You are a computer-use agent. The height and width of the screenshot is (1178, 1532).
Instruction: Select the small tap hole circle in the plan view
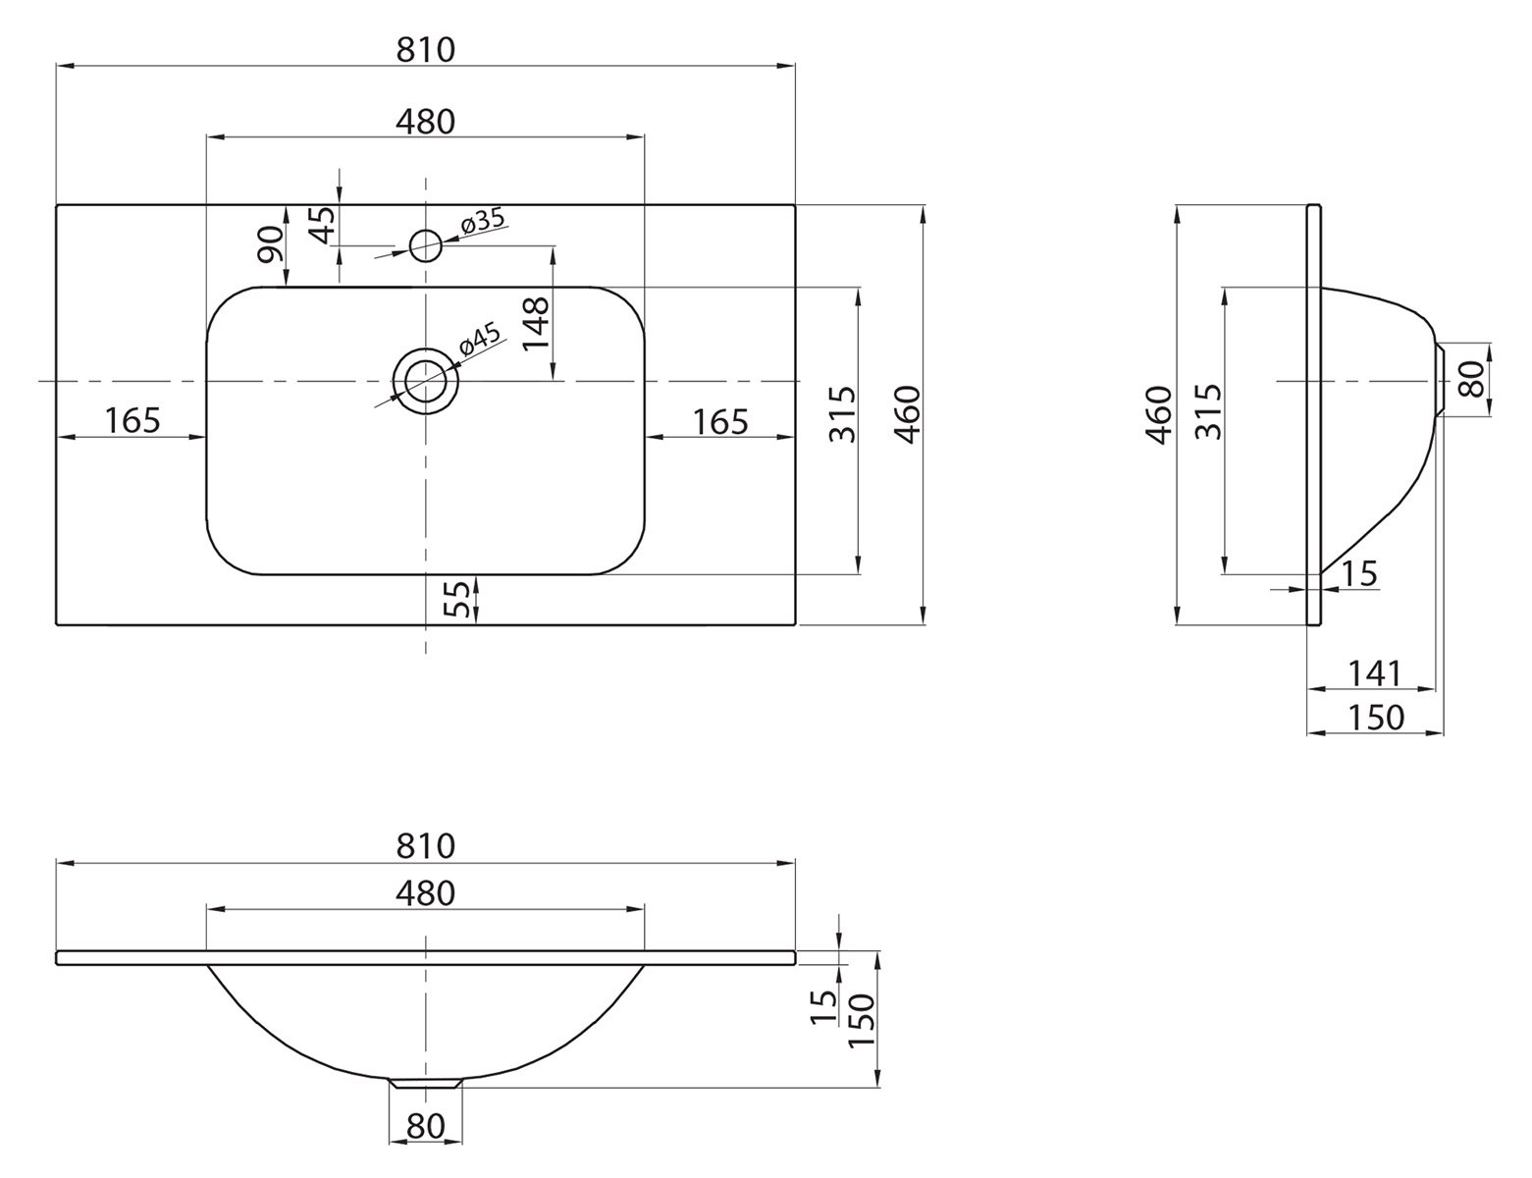click(x=425, y=244)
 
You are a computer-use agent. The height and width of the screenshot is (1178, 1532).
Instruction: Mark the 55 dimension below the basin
click(x=457, y=600)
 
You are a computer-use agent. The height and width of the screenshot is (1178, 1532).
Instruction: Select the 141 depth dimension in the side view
click(x=1374, y=673)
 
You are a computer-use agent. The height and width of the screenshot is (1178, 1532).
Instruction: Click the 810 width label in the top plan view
click(x=426, y=49)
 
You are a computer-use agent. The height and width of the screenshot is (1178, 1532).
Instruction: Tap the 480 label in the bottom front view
click(x=426, y=892)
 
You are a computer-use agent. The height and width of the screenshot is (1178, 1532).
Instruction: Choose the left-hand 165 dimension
click(x=132, y=420)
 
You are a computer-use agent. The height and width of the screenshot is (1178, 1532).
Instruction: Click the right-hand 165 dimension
click(x=720, y=421)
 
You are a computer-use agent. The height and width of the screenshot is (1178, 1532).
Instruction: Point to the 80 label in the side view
click(x=1471, y=379)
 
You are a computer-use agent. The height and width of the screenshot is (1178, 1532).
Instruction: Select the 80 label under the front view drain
click(x=426, y=1126)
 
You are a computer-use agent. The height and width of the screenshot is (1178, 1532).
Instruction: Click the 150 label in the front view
click(x=861, y=1021)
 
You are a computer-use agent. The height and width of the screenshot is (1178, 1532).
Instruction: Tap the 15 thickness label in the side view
click(x=1359, y=573)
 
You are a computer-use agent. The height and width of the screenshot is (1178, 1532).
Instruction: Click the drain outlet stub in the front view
click(x=426, y=1083)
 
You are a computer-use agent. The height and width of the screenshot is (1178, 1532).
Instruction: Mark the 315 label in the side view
click(x=1209, y=412)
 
